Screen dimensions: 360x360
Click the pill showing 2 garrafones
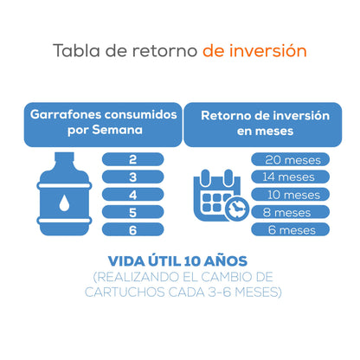[133, 159]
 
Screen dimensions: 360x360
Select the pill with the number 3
[133, 177]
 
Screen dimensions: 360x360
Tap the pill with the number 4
[133, 195]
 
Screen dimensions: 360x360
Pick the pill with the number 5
[133, 212]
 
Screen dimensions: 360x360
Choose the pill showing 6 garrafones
[133, 229]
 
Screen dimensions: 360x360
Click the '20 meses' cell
[290, 159]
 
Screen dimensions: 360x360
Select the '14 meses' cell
[290, 177]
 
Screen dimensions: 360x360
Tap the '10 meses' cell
[290, 195]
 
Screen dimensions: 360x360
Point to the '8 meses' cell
[290, 212]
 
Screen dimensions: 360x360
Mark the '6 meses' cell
[290, 229]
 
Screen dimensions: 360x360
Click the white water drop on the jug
[64, 202]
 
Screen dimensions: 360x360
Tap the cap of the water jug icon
[64, 157]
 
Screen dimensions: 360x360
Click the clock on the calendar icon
[236, 209]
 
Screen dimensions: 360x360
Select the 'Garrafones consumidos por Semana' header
[103, 125]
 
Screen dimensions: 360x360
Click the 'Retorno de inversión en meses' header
[263, 125]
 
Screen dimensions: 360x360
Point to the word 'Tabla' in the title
[76, 50]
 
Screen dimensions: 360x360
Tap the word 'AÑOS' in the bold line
[226, 261]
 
